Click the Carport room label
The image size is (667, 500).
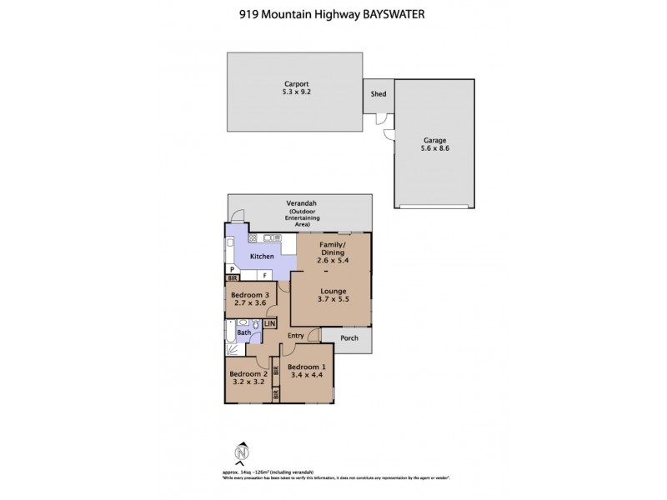[x=297, y=83]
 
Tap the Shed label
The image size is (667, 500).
[x=378, y=95]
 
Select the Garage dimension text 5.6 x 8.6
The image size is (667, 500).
[x=434, y=148]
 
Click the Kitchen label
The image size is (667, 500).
[x=262, y=256]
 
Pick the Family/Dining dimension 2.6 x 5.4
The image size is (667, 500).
[x=331, y=260]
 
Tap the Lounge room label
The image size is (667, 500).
[x=332, y=291]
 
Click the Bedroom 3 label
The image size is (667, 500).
[x=249, y=296]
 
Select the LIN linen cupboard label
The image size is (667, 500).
[x=269, y=323]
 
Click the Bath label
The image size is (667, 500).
[x=243, y=333]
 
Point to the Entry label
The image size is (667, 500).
[x=296, y=336]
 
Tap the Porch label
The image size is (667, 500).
[x=349, y=337]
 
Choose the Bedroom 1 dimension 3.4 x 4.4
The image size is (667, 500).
[x=305, y=375]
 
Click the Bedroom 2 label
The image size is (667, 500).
[x=248, y=374]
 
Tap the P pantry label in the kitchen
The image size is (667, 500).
[x=232, y=269]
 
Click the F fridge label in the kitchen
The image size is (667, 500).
[x=264, y=275]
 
